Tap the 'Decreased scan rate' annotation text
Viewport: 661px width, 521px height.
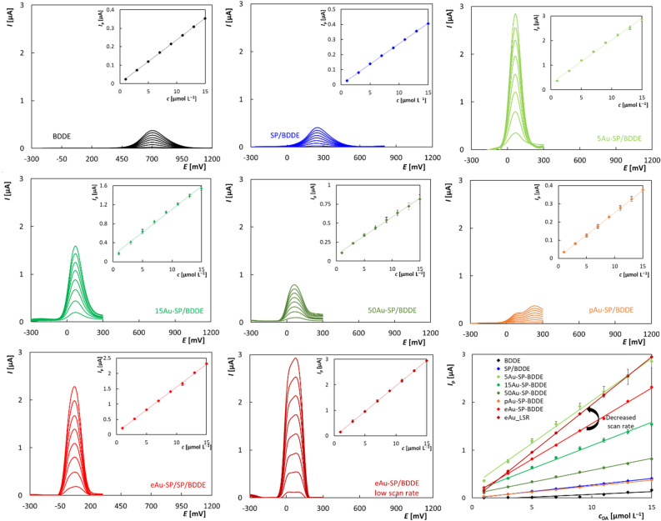[x=620, y=420]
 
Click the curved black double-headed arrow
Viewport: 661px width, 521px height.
[x=593, y=418]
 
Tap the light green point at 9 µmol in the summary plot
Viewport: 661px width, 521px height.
[x=579, y=407]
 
